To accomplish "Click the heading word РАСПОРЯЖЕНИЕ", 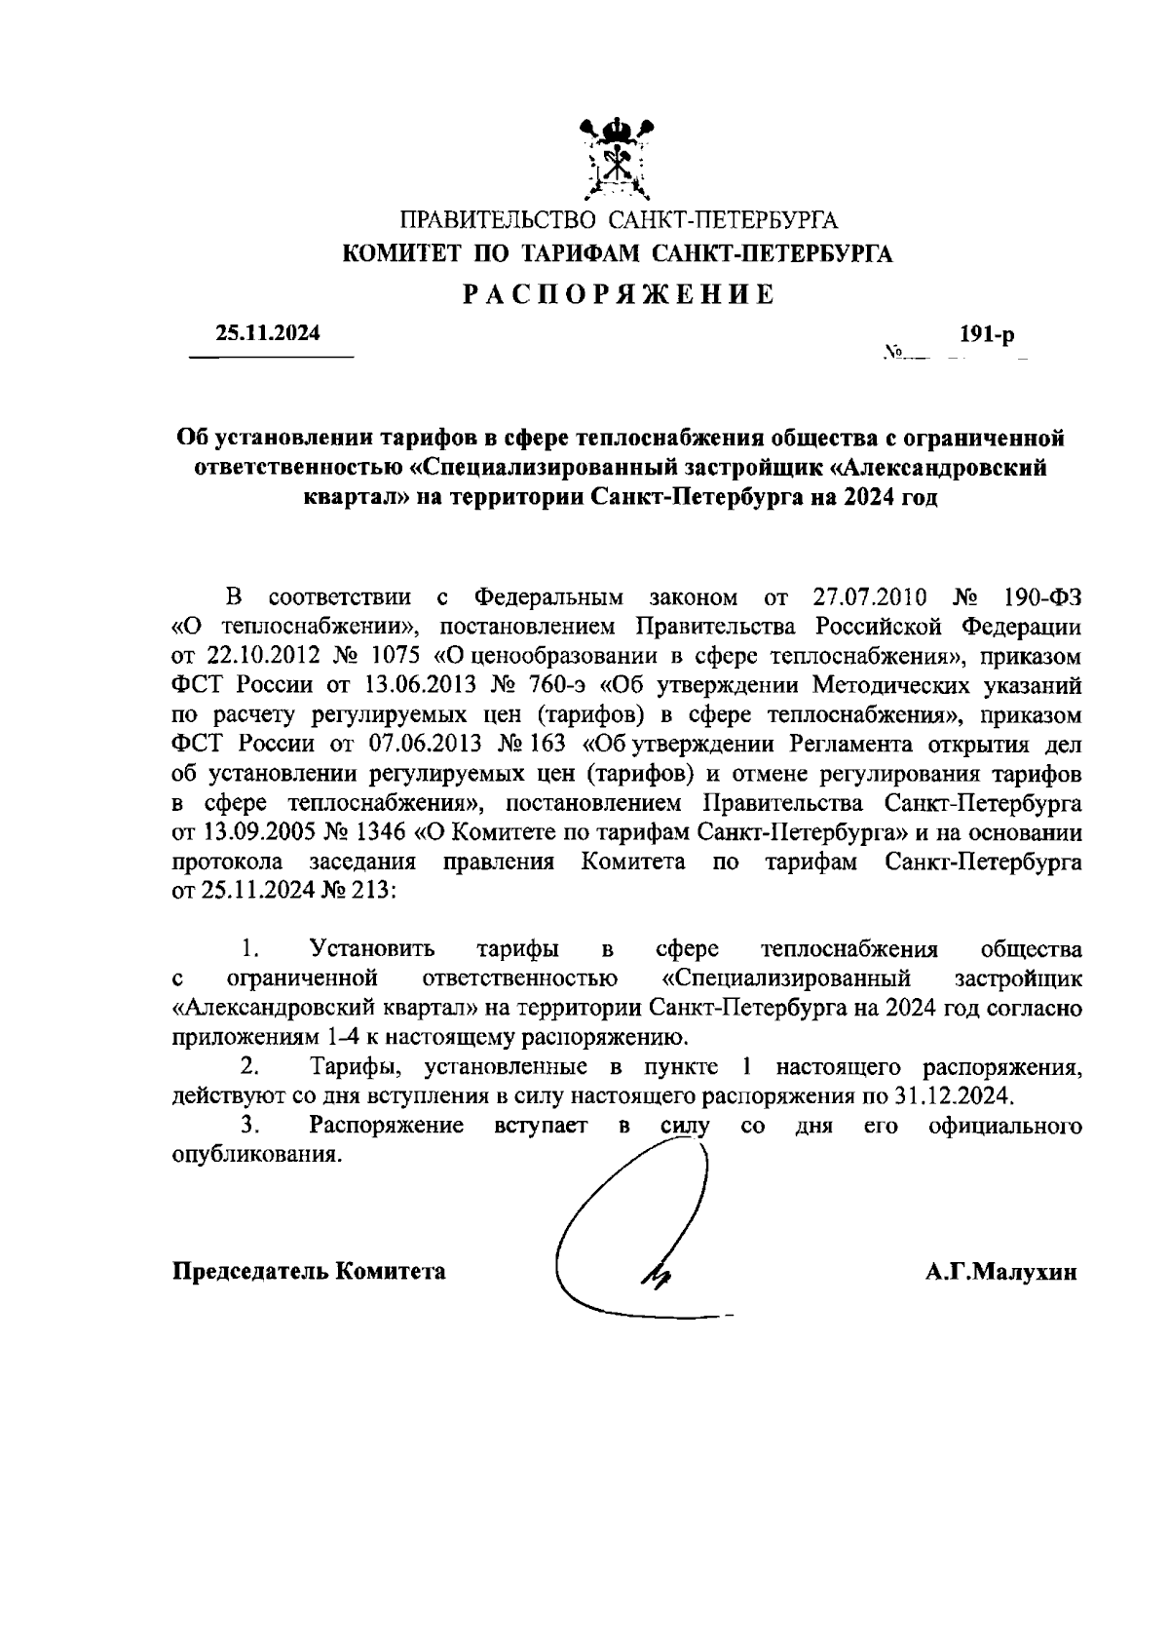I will [618, 293].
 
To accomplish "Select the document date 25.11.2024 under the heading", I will [268, 333].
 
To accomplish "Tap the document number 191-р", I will [986, 334].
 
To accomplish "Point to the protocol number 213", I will [375, 892].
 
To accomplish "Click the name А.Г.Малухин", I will [1001, 1272].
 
